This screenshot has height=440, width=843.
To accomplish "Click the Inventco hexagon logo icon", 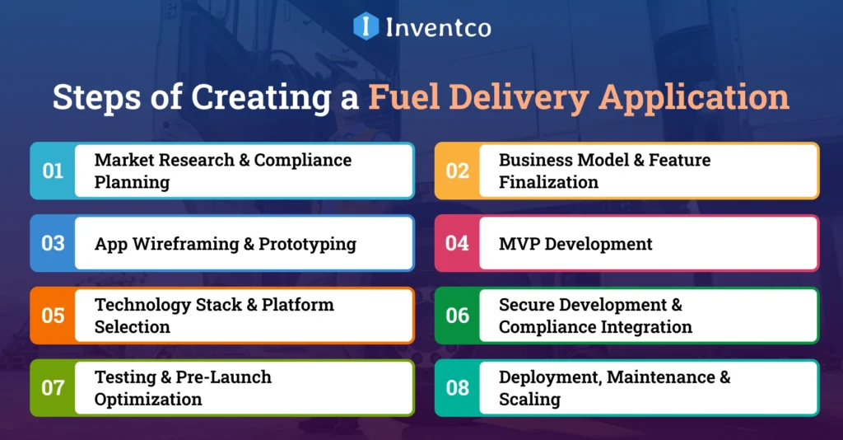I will tap(366, 26).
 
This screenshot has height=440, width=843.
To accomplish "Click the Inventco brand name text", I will tap(438, 27).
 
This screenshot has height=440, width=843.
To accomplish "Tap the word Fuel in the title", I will tap(402, 97).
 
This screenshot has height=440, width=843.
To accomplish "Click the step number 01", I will tap(53, 171).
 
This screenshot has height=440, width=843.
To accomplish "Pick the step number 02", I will tap(457, 171).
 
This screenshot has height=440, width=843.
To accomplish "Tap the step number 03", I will tap(53, 243).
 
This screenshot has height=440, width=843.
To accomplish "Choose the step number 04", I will tap(457, 243).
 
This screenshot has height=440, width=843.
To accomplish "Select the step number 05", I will tap(53, 316).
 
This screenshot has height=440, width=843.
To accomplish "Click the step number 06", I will tap(457, 316).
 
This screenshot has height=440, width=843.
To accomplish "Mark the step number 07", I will tap(53, 387).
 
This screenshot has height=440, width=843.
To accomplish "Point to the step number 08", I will tap(457, 387).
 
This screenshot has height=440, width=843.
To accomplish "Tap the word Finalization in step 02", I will tap(548, 182).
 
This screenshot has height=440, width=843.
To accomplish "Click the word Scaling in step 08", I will tap(529, 400).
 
